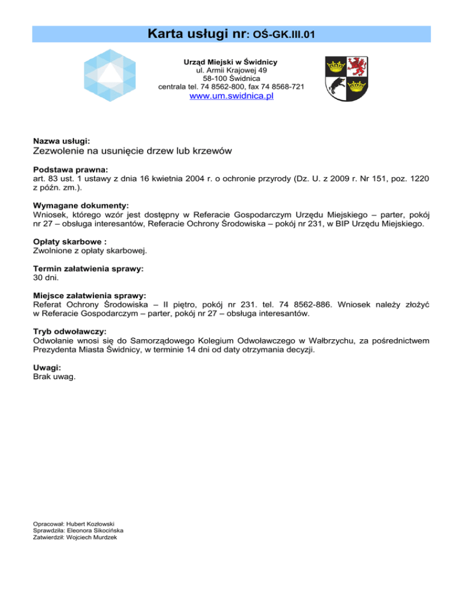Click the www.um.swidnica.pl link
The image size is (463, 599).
(x=231, y=96)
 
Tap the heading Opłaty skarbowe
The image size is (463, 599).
(x=66, y=240)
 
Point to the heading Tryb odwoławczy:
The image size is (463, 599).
(x=70, y=331)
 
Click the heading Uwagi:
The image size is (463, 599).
(x=47, y=366)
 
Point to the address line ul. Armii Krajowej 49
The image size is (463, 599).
(x=231, y=71)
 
